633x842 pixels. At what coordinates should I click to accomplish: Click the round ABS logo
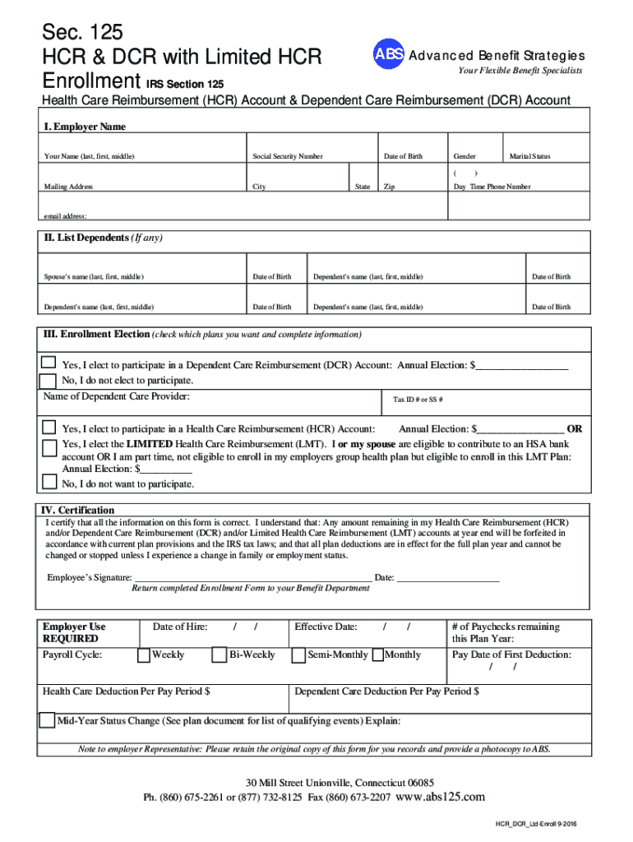pyautogui.click(x=389, y=54)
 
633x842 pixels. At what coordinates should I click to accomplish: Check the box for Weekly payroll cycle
pyautogui.click(x=144, y=655)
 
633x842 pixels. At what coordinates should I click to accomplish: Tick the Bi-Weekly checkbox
pyautogui.click(x=219, y=655)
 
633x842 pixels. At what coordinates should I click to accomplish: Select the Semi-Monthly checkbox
pyautogui.click(x=298, y=655)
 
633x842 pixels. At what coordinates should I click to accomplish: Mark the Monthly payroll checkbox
pyautogui.click(x=379, y=655)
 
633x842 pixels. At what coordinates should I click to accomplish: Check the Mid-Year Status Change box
pyautogui.click(x=48, y=721)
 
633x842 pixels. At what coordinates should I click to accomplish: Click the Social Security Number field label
pyautogui.click(x=288, y=156)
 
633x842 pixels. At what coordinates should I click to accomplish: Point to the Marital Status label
pyautogui.click(x=530, y=156)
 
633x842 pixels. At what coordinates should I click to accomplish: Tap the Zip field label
pyautogui.click(x=390, y=187)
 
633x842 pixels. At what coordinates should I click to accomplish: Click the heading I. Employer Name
pyautogui.click(x=85, y=127)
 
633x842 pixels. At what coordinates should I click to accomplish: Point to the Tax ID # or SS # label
pyautogui.click(x=418, y=400)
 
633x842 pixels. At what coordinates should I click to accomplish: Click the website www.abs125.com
pyautogui.click(x=441, y=797)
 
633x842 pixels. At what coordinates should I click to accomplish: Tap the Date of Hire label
pyautogui.click(x=180, y=627)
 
